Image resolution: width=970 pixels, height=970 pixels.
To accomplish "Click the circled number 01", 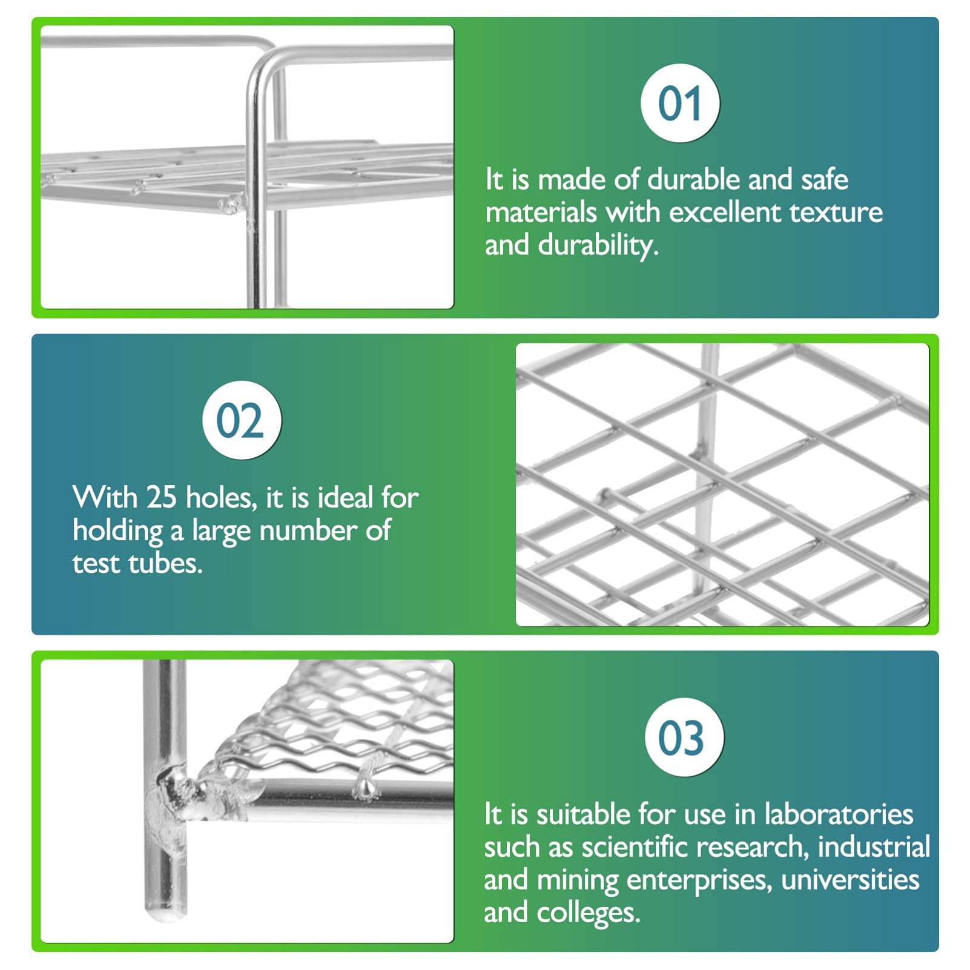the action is (x=680, y=103).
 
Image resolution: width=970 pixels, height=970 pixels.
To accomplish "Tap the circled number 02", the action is (x=241, y=420).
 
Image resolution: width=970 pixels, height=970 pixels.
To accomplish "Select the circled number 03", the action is (x=683, y=737).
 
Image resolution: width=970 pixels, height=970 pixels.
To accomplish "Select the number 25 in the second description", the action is (x=161, y=497).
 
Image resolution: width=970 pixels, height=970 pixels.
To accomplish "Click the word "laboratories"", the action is (x=839, y=814).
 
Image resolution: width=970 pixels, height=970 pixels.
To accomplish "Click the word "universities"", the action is (x=850, y=880).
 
